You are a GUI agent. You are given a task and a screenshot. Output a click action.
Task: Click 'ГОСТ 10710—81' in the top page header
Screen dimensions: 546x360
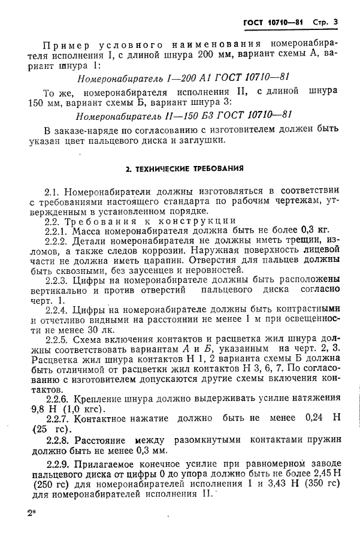click(x=273, y=22)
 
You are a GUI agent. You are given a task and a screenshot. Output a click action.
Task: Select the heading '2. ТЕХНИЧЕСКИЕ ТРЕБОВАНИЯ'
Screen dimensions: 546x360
click(x=184, y=168)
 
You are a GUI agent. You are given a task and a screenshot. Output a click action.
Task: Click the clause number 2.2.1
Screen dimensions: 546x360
click(x=58, y=229)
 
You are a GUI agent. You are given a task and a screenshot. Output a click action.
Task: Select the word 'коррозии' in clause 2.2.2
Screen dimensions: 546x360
click(x=157, y=252)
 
